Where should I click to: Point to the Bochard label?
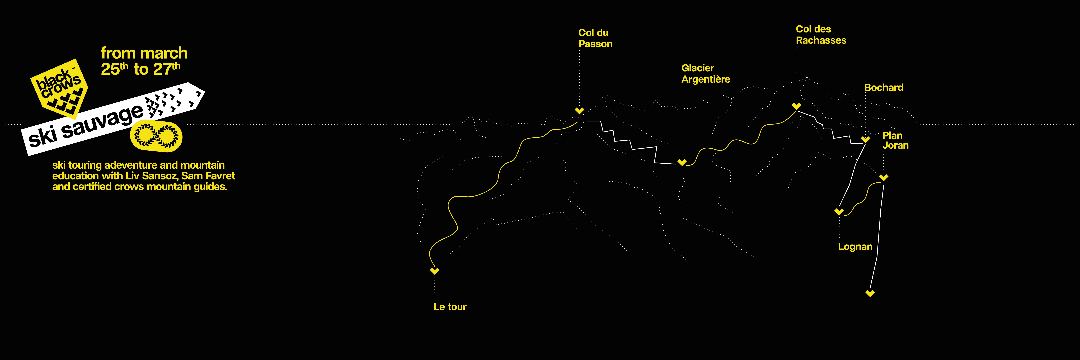(883, 88)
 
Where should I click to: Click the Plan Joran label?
(895, 140)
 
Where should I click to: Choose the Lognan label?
(855, 247)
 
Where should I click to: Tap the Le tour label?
(450, 307)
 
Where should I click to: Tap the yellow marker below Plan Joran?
(883, 177)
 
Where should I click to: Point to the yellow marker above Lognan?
(839, 211)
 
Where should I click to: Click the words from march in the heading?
(144, 53)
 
